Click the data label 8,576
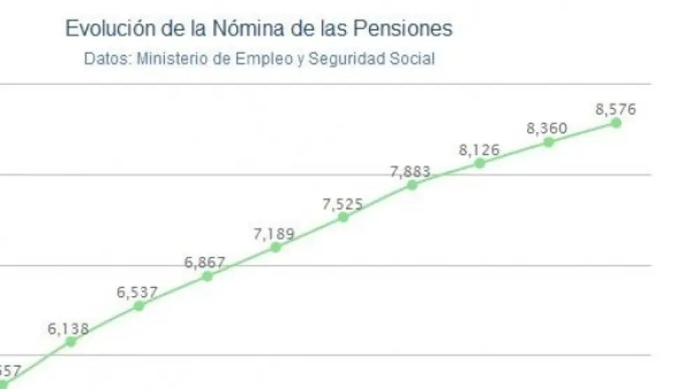tap(616, 109)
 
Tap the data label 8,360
tap(547, 129)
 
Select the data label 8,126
tap(480, 150)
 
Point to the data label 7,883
tap(411, 172)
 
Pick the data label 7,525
tap(343, 204)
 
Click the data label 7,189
tap(274, 234)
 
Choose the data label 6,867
tap(206, 263)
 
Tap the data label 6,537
tap(137, 292)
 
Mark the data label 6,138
tap(69, 328)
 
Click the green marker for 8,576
tap(616, 122)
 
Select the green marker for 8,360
tap(549, 141)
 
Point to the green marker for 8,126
tap(480, 163)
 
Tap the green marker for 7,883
tap(412, 185)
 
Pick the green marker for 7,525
tap(343, 217)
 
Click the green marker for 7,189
tap(275, 247)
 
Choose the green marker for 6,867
tap(207, 276)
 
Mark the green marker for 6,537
tap(138, 306)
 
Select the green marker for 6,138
tap(71, 341)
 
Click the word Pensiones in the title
tap(401, 29)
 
